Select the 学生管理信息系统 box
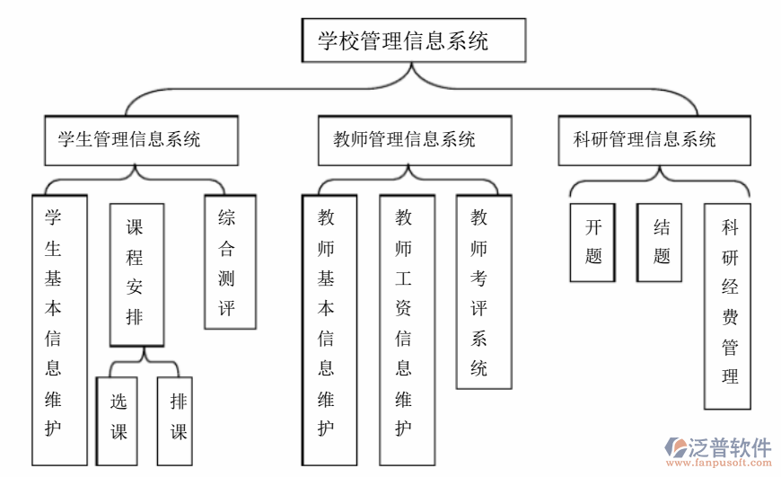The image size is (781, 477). [x=141, y=140]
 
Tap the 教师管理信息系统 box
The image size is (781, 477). [x=414, y=140]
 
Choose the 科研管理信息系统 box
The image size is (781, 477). [x=654, y=140]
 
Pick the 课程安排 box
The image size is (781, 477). [x=136, y=274]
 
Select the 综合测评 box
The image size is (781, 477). [x=230, y=262]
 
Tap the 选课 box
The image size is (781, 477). [x=118, y=419]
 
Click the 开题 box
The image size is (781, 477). [x=593, y=242]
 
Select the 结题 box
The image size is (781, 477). [x=660, y=242]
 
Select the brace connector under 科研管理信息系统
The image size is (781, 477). [x=658, y=184]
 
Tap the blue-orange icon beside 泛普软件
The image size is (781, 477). [x=675, y=449]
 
